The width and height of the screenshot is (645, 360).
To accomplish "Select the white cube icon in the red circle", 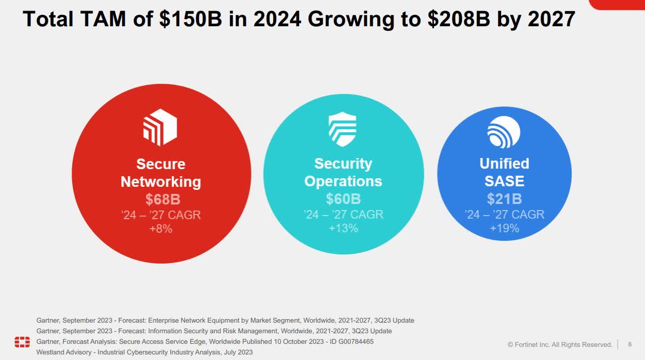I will [x=160, y=127].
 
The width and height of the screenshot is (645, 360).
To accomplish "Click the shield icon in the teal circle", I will [x=342, y=129].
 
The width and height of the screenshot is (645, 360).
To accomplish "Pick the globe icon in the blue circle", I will [x=504, y=132].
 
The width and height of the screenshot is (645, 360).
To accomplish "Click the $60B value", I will [x=343, y=199].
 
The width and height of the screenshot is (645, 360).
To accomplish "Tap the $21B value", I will [x=504, y=198].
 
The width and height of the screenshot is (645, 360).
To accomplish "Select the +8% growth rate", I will [x=161, y=229].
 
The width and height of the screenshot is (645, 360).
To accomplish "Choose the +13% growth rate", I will [x=343, y=228].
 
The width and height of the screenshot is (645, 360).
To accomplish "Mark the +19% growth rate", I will [x=504, y=228].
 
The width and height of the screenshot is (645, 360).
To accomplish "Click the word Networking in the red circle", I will [x=161, y=182].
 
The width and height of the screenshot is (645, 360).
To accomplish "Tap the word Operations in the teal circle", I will [x=343, y=181].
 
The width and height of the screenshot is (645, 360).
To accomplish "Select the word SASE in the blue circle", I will [x=504, y=181].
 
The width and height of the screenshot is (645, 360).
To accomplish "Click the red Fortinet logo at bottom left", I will [x=22, y=342].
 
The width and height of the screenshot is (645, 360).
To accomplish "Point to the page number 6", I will [x=630, y=344].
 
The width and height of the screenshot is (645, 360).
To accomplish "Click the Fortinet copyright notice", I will [x=560, y=344].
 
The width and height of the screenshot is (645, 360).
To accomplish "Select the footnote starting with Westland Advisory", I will [x=144, y=352].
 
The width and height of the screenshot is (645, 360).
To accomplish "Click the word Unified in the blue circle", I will [x=504, y=164].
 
